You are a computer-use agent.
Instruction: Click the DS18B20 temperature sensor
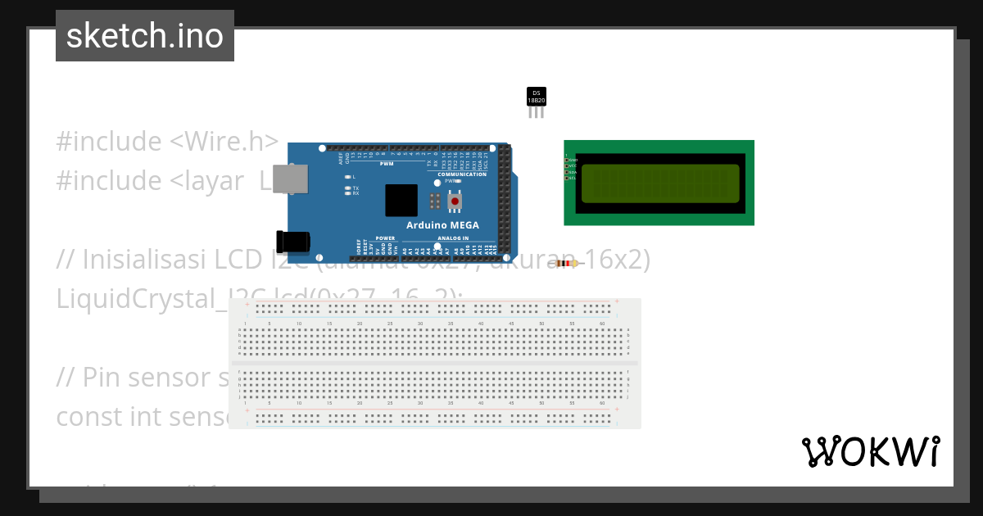536,97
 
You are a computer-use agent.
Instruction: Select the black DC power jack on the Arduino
294,242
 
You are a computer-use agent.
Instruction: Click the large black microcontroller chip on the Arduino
401,201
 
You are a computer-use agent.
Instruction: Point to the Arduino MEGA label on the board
443,225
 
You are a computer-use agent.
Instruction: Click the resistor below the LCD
566,263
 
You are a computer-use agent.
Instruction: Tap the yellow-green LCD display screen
660,183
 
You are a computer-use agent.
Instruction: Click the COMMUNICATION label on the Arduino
462,174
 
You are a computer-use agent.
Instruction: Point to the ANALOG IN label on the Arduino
453,238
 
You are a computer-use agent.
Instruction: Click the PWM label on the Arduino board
387,164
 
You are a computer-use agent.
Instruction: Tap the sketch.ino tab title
145,36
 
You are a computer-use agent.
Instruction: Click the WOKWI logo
871,451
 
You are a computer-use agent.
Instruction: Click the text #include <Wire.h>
167,141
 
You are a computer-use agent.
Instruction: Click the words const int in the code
106,416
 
